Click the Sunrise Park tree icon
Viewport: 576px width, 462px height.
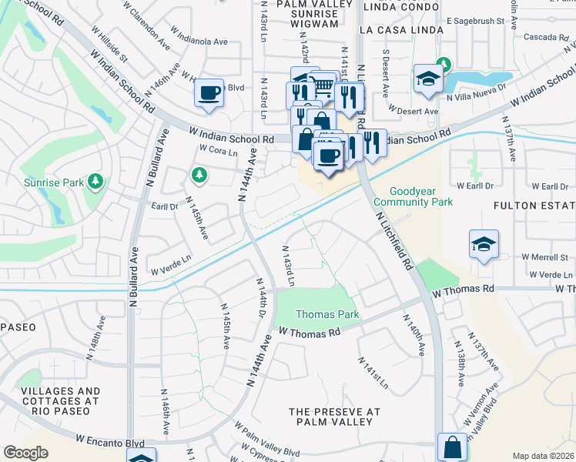tap(95, 182)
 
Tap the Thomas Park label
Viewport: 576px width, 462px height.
tap(327, 315)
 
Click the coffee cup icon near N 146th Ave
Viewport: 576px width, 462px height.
tap(209, 94)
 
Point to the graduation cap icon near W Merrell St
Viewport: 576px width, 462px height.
tap(484, 245)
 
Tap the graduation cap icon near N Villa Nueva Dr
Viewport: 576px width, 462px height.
tap(427, 79)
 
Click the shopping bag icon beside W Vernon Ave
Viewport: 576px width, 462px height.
tap(453, 447)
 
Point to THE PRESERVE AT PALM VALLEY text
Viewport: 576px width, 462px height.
tap(335, 417)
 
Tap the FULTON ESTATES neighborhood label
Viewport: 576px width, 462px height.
tap(534, 206)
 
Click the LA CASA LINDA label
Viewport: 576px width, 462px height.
tap(401, 30)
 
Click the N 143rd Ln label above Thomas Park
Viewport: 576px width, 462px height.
tap(288, 266)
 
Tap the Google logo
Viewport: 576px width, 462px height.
tap(25, 453)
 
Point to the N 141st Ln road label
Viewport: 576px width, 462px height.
tap(373, 373)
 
